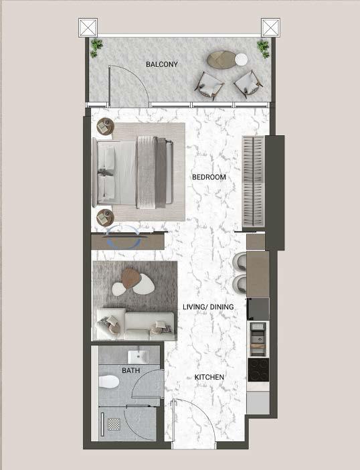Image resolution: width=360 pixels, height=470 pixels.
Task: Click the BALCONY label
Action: click(162, 64)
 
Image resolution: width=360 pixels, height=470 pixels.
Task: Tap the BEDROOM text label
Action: click(209, 177)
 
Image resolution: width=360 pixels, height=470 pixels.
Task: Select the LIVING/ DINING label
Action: click(208, 307)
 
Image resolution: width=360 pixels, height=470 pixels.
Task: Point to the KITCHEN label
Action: click(209, 377)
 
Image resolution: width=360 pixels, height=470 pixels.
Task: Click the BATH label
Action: click(131, 370)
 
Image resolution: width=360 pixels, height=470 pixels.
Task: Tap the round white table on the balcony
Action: click(241, 60)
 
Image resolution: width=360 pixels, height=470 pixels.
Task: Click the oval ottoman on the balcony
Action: click(221, 60)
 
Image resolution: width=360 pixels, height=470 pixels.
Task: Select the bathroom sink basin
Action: click(139, 357)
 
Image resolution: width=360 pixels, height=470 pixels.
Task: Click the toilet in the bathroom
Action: click(108, 382)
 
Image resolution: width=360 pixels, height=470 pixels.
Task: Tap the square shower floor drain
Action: click(114, 424)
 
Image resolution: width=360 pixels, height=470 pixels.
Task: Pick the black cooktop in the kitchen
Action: click(258, 370)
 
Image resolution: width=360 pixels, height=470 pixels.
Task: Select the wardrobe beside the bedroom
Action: click(254, 181)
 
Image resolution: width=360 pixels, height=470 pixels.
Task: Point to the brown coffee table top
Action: click(131, 278)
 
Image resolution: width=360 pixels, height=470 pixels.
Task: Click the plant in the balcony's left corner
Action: click(96, 48)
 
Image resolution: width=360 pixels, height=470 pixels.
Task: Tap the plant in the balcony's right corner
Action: click(263, 49)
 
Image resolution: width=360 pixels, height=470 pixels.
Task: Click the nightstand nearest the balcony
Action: click(106, 127)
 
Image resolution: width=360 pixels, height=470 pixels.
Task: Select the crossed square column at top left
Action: click(88, 27)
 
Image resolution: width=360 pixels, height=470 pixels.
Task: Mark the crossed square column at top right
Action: click(270, 27)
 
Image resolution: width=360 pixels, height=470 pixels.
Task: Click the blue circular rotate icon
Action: click(123, 237)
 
